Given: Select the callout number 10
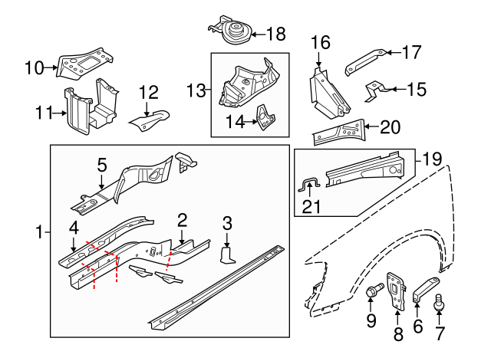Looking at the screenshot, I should [35, 67].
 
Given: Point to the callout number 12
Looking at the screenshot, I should [147, 93].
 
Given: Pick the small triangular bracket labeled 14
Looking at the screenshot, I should [264, 117].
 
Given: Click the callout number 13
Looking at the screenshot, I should [196, 90].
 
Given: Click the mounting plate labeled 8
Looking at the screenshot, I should [396, 292].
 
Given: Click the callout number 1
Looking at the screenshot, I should [39, 231].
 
